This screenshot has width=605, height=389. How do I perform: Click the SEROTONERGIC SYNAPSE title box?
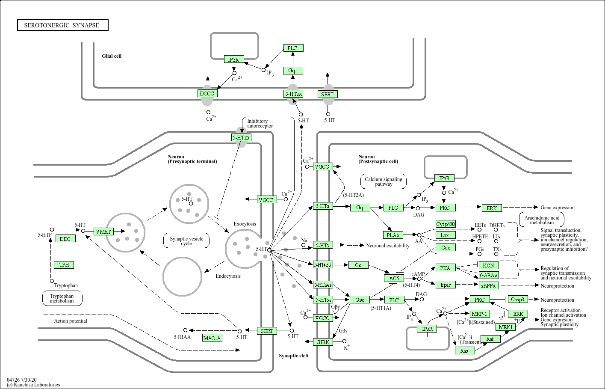62,25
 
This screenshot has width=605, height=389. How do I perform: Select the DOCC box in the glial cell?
207,93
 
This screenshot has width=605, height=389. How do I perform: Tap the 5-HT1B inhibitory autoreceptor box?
241,137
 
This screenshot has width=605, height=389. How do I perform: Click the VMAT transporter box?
103,232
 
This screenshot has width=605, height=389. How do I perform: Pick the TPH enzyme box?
64,265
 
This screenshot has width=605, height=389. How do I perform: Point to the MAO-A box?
212,338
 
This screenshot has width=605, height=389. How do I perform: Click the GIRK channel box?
323,342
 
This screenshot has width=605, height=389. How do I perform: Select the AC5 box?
394,278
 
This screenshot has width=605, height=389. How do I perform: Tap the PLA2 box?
393,235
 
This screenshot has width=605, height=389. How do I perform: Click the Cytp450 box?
446,224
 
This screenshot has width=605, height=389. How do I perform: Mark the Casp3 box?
517,299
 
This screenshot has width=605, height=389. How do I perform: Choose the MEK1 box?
506,327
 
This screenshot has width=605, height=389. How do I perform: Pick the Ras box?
464,350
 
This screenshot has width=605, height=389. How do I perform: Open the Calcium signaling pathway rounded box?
384,181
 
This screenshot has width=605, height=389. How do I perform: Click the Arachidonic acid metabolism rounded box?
542,220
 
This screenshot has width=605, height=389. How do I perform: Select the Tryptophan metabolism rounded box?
62,298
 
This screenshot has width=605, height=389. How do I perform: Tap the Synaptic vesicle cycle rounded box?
186,241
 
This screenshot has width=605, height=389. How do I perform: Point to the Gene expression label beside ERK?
558,208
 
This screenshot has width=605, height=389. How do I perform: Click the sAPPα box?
488,285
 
